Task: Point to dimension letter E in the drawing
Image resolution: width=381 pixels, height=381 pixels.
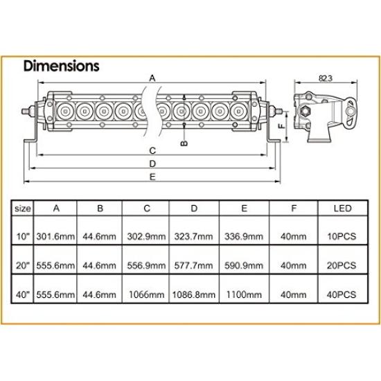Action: click(x=152, y=178)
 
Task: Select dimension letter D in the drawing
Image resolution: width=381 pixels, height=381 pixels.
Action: click(x=152, y=164)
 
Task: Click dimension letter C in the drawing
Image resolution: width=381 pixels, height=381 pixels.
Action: click(x=152, y=150)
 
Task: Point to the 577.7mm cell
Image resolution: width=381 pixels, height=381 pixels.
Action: click(x=195, y=265)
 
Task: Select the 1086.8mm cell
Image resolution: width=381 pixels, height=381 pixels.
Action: click(x=195, y=294)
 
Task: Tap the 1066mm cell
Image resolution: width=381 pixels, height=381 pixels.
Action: click(x=146, y=294)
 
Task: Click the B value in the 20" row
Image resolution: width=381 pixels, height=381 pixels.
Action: click(x=100, y=265)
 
